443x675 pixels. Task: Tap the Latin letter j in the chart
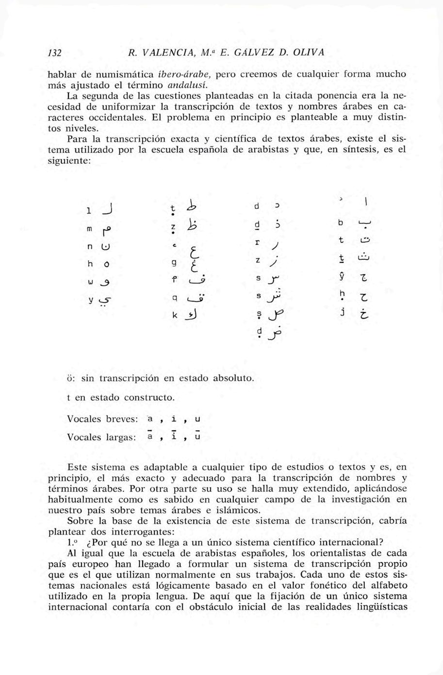point(342,311)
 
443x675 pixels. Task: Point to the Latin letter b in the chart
point(341,223)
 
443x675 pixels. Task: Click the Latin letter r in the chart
point(258,242)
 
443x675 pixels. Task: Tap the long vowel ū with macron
point(197,437)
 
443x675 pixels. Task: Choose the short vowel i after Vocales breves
point(174,418)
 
